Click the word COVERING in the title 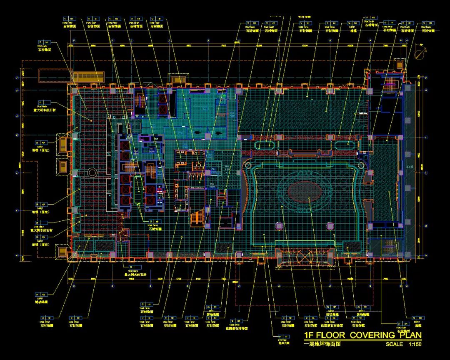[366, 335]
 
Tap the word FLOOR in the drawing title [332, 335]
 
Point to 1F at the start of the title [310, 335]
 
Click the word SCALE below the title [394, 344]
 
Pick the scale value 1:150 [415, 344]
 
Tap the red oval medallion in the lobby [305, 192]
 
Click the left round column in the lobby [279, 226]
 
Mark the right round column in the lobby [330, 226]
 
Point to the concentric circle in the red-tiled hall [92, 172]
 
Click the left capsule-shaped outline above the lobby [265, 145]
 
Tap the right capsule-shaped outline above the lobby [345, 145]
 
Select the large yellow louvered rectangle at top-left [88, 77]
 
